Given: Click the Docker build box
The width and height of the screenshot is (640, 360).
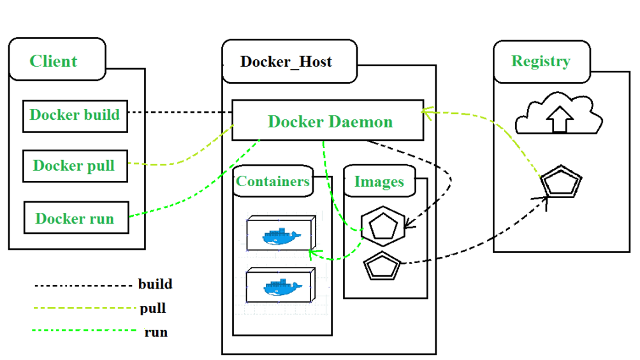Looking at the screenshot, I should [x=75, y=115].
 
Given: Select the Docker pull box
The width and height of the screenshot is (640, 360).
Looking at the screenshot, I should [x=74, y=166].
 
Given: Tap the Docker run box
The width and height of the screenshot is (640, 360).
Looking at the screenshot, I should [x=75, y=218].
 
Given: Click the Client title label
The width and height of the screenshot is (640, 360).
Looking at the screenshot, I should [x=54, y=61].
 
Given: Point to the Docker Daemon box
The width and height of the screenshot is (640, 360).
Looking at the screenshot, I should [x=328, y=120].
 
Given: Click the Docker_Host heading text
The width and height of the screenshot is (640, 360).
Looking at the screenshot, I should [x=286, y=62].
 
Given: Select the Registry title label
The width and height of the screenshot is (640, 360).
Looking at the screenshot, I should [x=541, y=61].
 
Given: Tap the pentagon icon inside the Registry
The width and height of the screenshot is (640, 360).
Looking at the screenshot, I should [x=561, y=184].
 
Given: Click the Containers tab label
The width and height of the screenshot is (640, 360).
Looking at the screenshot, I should [x=273, y=181].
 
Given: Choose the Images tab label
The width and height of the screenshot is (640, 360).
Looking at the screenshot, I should [x=379, y=182].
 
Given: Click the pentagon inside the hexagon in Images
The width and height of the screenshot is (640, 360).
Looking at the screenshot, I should [x=382, y=226].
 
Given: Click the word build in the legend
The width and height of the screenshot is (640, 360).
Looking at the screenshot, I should [x=155, y=284].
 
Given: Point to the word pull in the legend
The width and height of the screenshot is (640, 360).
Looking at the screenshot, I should [x=153, y=308].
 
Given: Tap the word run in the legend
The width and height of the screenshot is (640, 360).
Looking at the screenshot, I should [x=156, y=332].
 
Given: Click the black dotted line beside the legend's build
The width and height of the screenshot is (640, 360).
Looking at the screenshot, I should [x=83, y=285].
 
